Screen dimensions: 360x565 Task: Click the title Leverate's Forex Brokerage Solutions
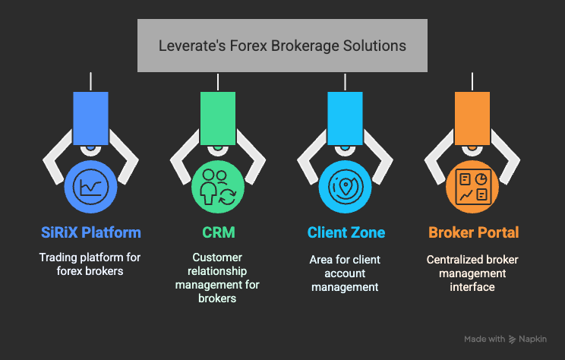[x=282, y=46]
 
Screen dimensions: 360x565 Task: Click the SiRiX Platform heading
[x=90, y=232]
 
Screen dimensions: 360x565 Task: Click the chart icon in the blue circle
[x=90, y=186]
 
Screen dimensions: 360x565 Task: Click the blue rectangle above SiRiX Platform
[x=90, y=118]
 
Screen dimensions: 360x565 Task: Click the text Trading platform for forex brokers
[x=90, y=264]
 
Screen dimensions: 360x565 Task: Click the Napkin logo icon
[x=513, y=339]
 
